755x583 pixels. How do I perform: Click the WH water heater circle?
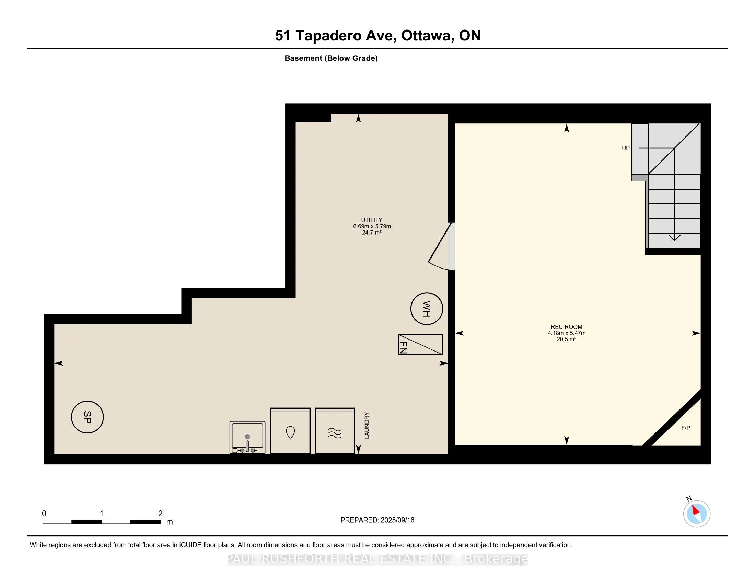tap(427, 309)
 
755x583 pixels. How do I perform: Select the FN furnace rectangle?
tap(420, 344)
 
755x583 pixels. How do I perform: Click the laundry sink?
tap(247, 437)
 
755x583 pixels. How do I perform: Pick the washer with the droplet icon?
tap(290, 431)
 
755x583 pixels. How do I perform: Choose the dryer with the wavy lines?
tap(335, 431)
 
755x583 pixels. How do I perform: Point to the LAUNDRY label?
tap(367, 425)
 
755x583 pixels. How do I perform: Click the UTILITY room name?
tap(372, 220)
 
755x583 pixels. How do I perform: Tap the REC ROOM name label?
tap(567, 327)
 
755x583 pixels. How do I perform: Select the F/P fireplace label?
tap(686, 428)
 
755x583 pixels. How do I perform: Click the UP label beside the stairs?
tap(626, 148)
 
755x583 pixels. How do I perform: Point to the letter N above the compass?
tap(689, 498)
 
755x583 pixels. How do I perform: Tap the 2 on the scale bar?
tap(160, 514)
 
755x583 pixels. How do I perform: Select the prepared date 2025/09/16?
tap(397, 520)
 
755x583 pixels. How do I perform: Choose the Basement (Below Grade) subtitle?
tap(331, 58)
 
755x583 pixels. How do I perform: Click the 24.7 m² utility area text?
tap(372, 233)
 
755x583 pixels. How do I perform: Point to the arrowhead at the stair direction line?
tap(674, 238)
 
